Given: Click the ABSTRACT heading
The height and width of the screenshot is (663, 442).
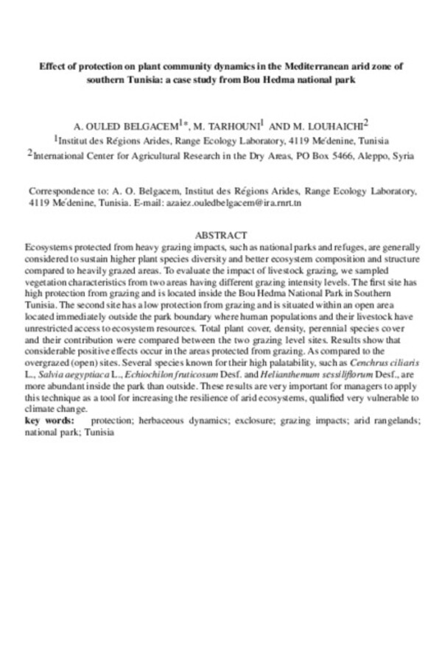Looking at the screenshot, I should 221,234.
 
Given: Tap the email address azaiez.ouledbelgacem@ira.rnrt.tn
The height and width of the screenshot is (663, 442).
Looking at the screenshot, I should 247,200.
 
